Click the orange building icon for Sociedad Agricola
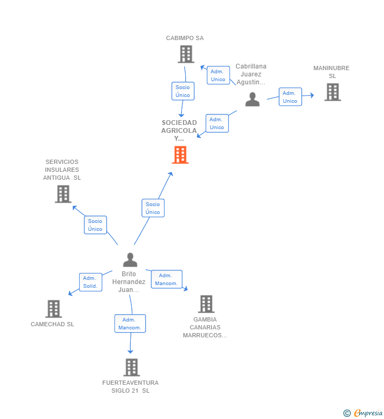pos(180,155)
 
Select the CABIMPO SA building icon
pos(186,54)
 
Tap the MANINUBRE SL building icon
pos(332,92)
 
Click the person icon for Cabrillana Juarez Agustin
pos(253,99)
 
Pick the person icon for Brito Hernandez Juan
pos(130,260)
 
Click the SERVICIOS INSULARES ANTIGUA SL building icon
pos(63,194)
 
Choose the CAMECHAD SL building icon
pos(53,309)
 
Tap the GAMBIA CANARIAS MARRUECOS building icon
pos(206,304)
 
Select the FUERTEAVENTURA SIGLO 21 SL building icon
pos(131,367)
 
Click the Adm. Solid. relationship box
pos(90,282)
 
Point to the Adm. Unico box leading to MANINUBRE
pos(290,97)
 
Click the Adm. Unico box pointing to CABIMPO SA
pos(218,75)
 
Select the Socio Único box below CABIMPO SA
pos(183,91)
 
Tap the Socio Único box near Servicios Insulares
pos(95,225)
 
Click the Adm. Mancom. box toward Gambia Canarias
pos(166,279)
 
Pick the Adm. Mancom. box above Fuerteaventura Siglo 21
pos(130,324)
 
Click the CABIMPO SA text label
pos(185,38)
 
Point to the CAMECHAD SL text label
pos(52,324)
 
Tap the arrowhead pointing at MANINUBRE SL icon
pos(312,95)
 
